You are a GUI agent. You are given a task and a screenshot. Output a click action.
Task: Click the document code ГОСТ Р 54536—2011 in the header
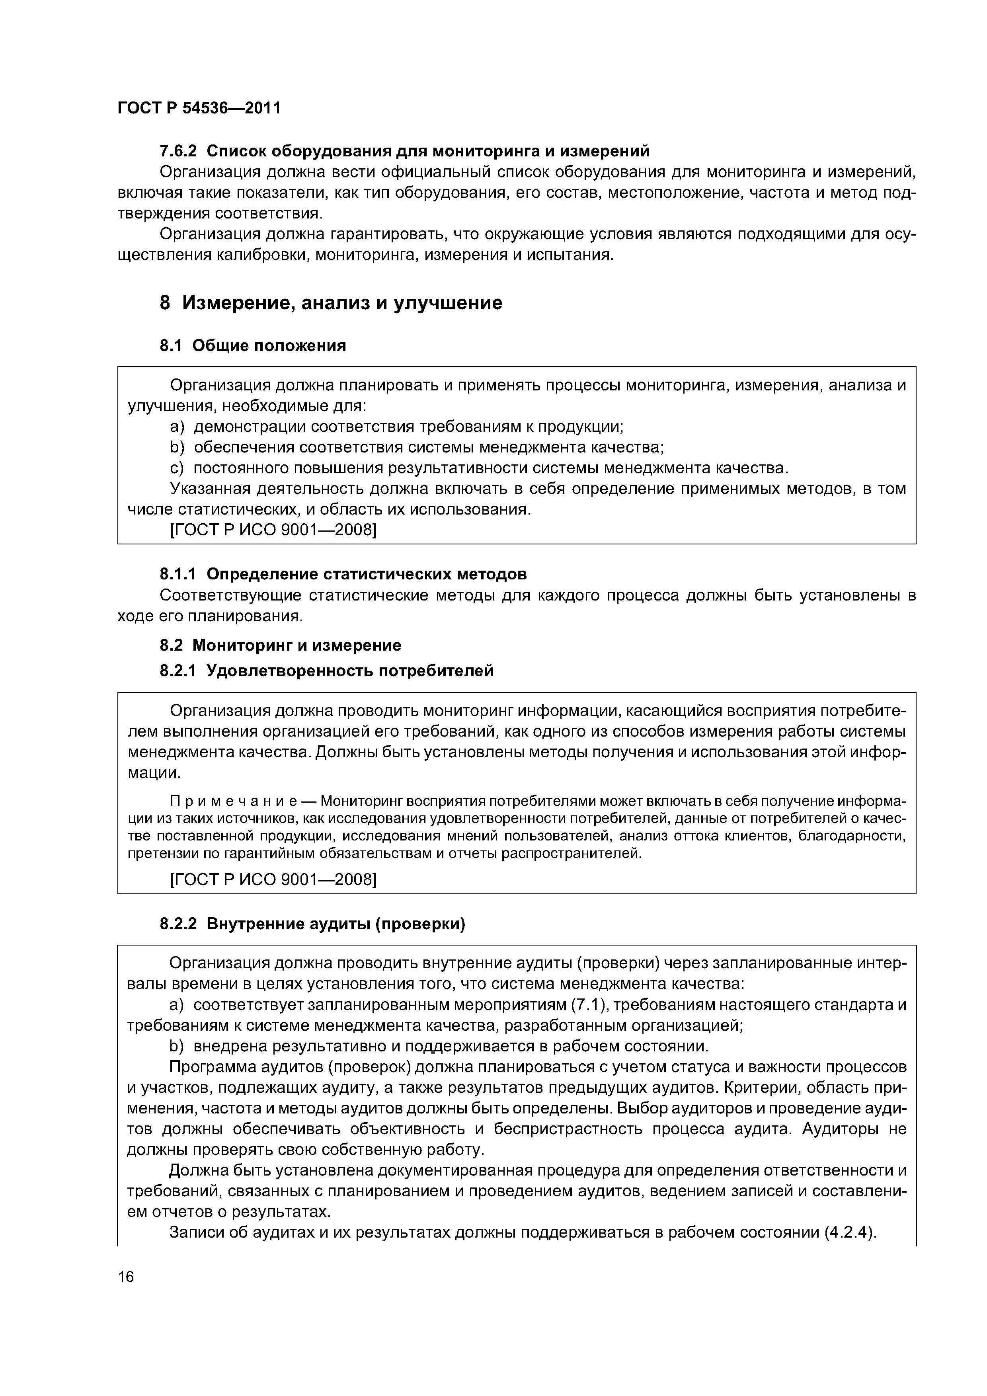point(199,108)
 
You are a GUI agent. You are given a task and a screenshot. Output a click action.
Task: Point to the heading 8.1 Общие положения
point(252,345)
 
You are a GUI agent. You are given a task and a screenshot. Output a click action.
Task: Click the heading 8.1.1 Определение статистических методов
point(343,573)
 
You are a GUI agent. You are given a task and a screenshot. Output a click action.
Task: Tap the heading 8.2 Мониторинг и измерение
point(280,645)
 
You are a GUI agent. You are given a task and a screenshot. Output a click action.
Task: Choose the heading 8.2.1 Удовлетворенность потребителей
point(326,671)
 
